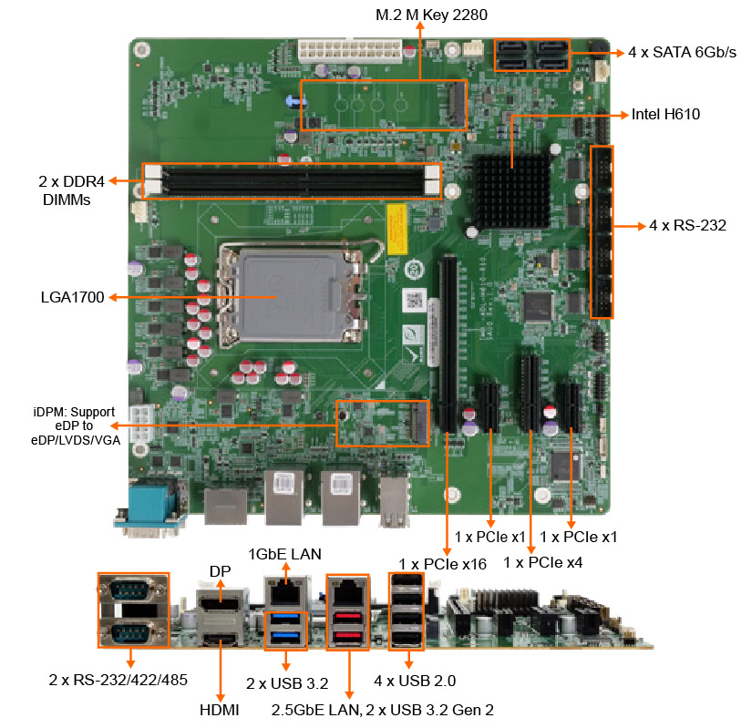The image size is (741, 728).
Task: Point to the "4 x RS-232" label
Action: (x=687, y=226)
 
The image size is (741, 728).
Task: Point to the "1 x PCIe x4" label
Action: (x=542, y=562)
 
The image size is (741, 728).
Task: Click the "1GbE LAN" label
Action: (x=284, y=553)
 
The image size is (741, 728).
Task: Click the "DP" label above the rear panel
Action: (x=220, y=571)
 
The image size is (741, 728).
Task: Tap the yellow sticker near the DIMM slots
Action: (x=396, y=228)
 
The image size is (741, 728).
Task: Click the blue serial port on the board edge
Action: (x=152, y=507)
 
